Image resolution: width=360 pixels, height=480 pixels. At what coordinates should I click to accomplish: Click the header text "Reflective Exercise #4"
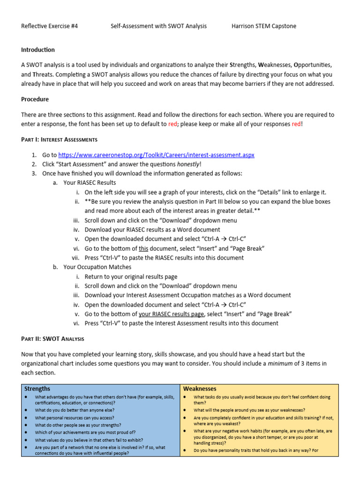point(50,26)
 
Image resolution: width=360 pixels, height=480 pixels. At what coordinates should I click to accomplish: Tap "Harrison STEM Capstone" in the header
point(264,26)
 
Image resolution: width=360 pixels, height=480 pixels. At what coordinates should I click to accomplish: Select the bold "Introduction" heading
point(38,50)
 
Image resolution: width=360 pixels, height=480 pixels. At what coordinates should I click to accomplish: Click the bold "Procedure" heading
point(35,99)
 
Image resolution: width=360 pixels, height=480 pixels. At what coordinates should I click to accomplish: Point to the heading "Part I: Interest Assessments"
point(59,139)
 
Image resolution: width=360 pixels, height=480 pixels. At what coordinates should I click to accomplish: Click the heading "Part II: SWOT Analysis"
point(52,338)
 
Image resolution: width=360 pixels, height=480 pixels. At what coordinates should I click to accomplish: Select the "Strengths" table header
point(37,389)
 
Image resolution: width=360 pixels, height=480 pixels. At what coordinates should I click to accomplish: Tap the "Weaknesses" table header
point(200,389)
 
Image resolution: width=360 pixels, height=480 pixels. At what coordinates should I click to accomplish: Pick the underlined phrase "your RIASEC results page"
point(172,314)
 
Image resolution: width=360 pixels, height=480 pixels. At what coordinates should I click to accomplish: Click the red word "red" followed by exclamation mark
point(297,124)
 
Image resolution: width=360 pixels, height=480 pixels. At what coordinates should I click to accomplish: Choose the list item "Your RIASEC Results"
point(90,183)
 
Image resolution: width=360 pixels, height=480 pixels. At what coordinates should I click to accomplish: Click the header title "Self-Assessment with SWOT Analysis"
point(158,26)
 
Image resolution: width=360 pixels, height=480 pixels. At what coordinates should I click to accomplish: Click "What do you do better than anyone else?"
point(75,410)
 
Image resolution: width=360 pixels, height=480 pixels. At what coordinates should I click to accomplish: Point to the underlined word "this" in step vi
point(143,248)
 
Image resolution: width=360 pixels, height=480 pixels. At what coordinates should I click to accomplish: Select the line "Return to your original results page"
point(131,277)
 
